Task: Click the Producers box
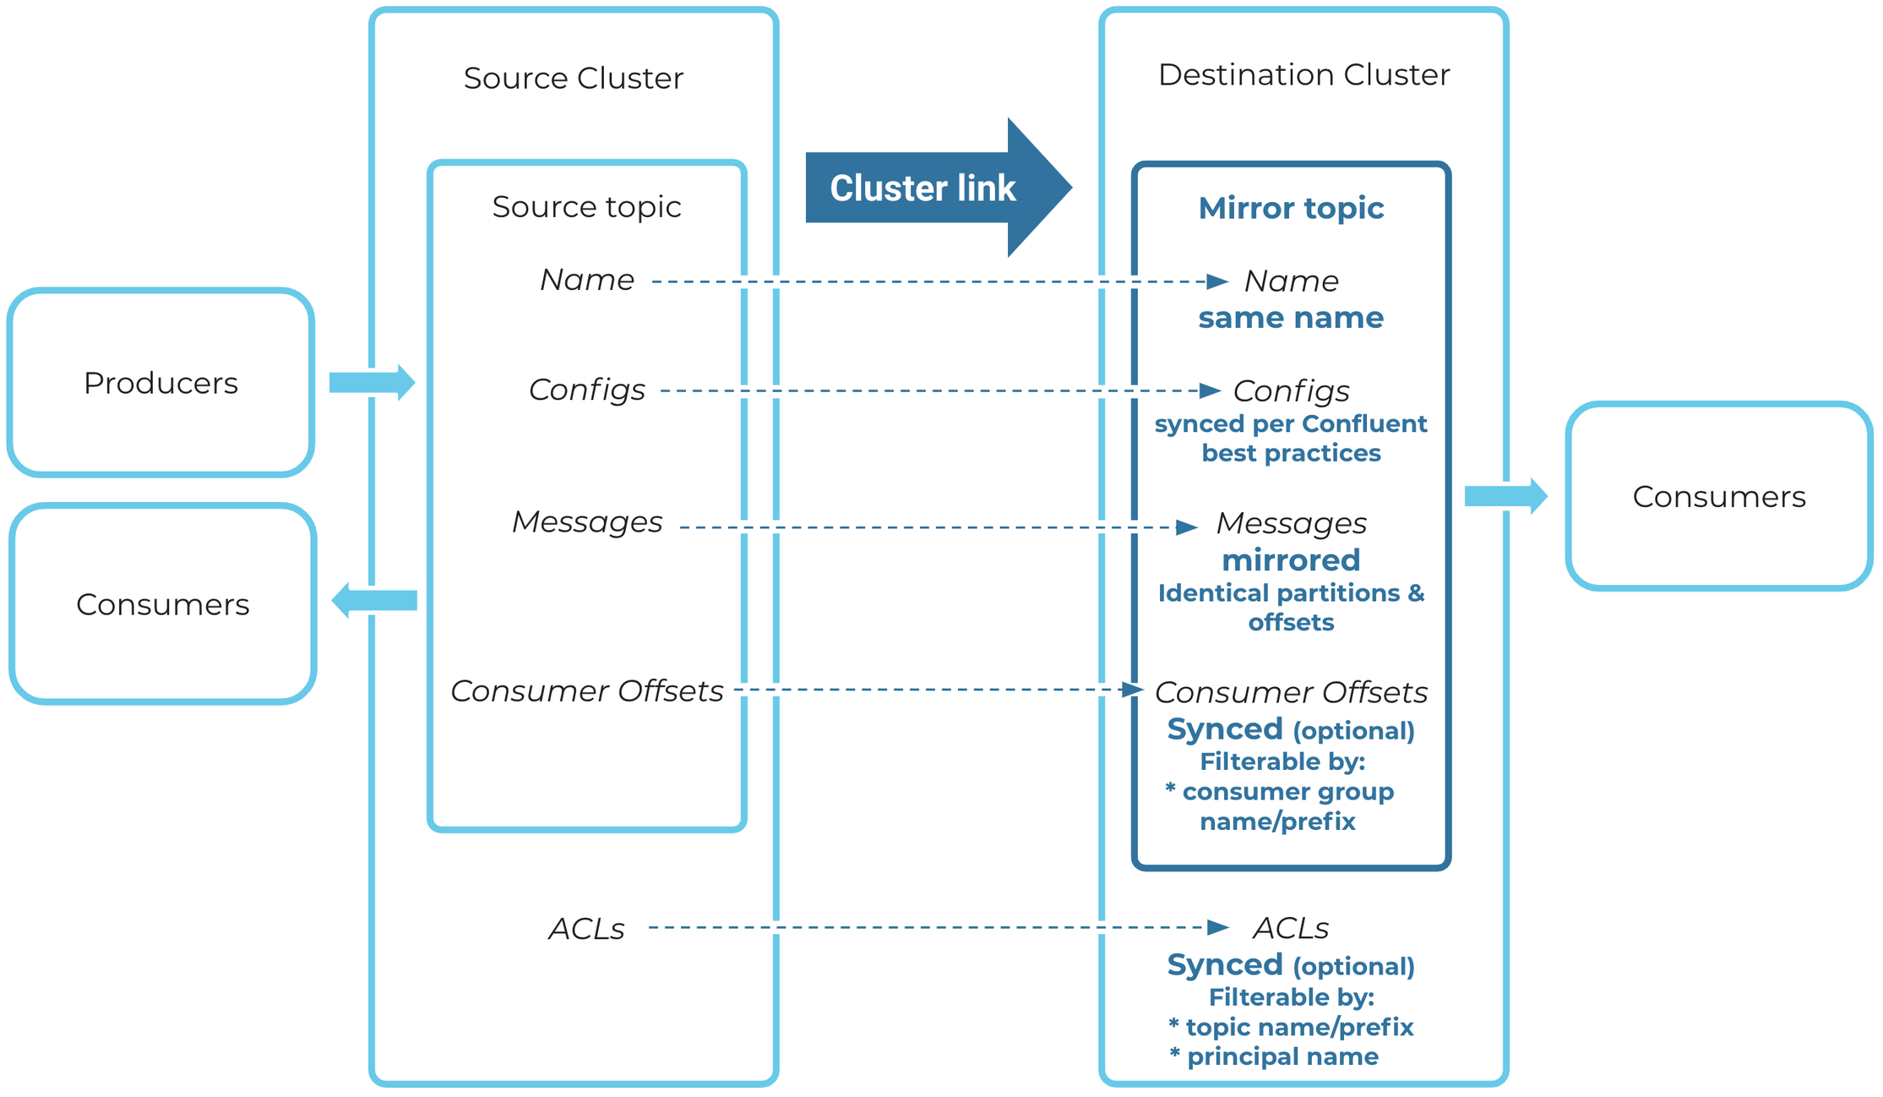[161, 383]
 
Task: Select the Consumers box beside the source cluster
[162, 604]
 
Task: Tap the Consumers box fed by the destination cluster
[1718, 496]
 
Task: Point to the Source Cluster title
[573, 78]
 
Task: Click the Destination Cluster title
[1303, 74]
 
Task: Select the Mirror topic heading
[1290, 208]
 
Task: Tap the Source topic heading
[586, 206]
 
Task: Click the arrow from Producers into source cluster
[372, 382]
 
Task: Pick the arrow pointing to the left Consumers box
[374, 601]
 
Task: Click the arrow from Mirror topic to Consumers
[1505, 496]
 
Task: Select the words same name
[1290, 318]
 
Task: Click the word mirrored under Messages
[1290, 559]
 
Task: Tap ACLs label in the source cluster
[586, 929]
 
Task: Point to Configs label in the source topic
[586, 390]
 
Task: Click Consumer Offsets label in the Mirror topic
[1290, 692]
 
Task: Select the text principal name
[1282, 1056]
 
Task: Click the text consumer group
[1287, 792]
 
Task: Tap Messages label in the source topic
[586, 521]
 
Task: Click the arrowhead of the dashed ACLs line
[1217, 928]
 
